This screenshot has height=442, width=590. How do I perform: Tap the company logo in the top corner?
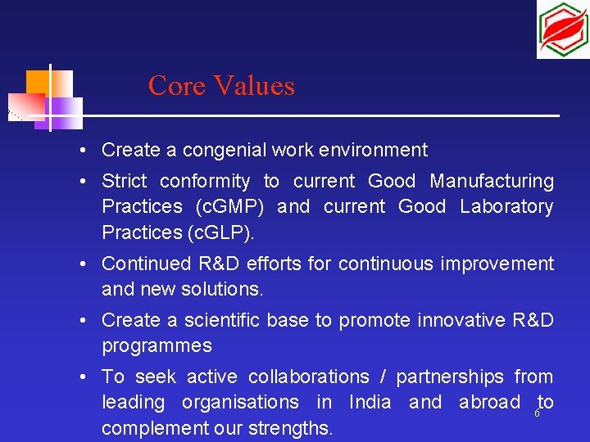pos(562,29)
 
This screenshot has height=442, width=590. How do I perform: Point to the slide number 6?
pos(537,413)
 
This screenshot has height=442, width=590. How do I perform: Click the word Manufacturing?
pos(492,181)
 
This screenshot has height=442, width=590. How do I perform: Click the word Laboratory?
pos(506,207)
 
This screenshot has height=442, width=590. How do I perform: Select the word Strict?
pos(124,181)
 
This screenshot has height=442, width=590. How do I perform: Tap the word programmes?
pos(157,345)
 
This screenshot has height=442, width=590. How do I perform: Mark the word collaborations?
pos(308,377)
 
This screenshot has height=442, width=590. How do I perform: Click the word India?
pos(370,402)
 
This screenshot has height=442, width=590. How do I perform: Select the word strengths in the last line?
pos(288,428)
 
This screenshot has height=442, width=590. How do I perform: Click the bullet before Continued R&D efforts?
pos(84,264)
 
